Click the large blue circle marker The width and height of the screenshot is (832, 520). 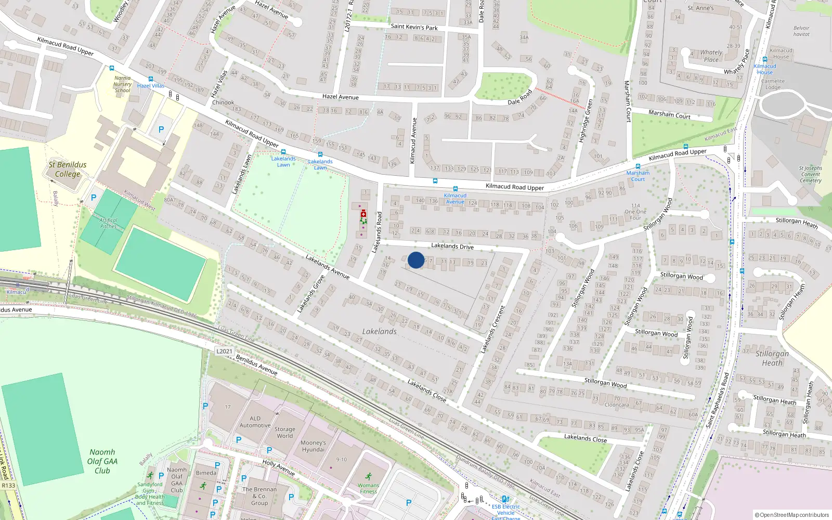pos(416,260)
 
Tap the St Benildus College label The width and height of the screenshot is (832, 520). pos(68,170)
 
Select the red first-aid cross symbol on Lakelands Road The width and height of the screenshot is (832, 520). pos(363,214)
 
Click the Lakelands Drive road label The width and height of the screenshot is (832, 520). pos(452,246)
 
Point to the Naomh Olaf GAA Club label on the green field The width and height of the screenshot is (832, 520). pos(102,461)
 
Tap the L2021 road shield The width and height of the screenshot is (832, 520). pos(224,351)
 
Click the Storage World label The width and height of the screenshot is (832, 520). pos(284,433)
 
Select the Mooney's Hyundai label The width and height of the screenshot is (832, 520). pos(313,446)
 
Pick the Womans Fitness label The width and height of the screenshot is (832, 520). pos(368,488)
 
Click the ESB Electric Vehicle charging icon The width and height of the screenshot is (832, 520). pos(504,499)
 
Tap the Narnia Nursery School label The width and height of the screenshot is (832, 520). pos(123,84)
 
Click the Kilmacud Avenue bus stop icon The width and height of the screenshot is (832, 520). pos(455,189)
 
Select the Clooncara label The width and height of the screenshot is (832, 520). pos(617,405)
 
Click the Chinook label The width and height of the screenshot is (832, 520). pos(223,102)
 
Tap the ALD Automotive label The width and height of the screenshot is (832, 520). pos(255,422)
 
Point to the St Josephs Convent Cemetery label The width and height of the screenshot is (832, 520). pos(810,174)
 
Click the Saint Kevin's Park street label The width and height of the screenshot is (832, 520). pos(414,27)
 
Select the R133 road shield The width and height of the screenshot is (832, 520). pos(8,486)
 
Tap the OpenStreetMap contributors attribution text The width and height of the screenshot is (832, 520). pos(792,515)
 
